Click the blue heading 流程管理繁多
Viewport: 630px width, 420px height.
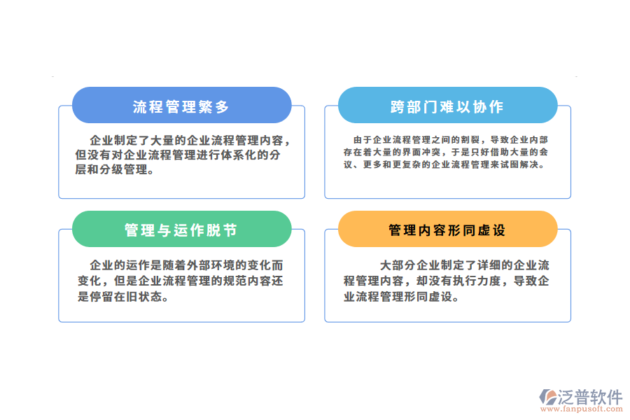click(181, 106)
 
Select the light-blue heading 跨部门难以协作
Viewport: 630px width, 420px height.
click(447, 106)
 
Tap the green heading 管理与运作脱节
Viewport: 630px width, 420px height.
click(181, 230)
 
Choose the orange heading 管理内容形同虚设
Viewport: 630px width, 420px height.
click(447, 230)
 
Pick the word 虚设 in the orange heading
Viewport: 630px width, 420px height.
click(494, 230)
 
